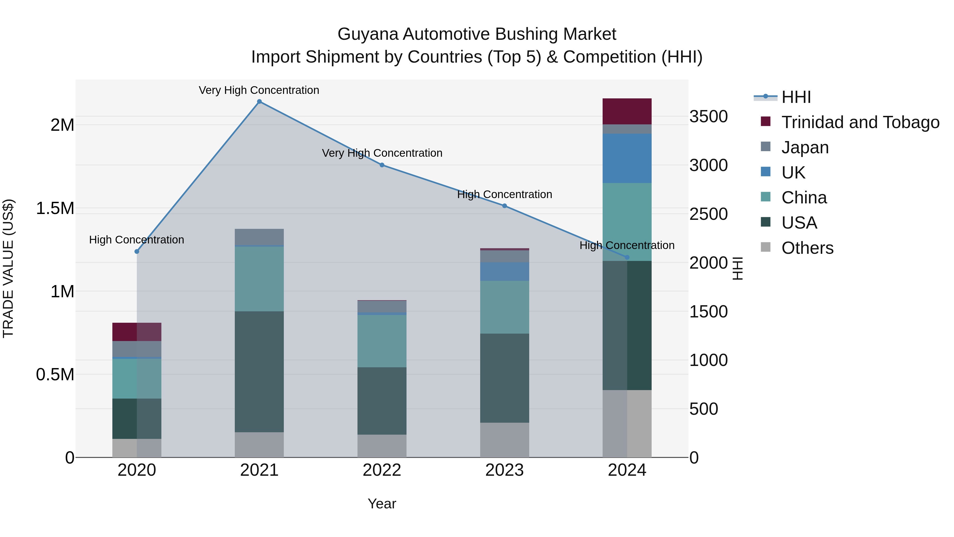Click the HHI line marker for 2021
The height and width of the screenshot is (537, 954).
tap(259, 102)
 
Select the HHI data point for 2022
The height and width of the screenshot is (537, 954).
tap(382, 165)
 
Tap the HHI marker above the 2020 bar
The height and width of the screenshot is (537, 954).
tap(137, 251)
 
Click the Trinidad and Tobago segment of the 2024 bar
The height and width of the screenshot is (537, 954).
tap(627, 111)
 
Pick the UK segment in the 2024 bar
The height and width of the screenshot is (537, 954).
tap(627, 158)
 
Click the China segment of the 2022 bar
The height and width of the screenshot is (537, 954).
tap(382, 341)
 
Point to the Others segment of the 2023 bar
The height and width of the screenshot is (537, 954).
tap(504, 440)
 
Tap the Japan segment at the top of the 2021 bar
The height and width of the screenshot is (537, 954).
tap(259, 237)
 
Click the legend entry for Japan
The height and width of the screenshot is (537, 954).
tap(805, 147)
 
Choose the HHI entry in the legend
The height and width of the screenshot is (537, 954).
tap(796, 97)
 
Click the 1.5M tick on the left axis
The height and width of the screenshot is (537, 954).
tap(55, 208)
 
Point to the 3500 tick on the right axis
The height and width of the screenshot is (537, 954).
tap(708, 116)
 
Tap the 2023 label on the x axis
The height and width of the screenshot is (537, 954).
tap(504, 470)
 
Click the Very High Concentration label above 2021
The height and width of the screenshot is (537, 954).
tap(259, 90)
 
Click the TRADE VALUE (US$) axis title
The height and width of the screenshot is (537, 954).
tap(8, 268)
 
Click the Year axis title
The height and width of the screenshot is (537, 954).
tap(382, 504)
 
